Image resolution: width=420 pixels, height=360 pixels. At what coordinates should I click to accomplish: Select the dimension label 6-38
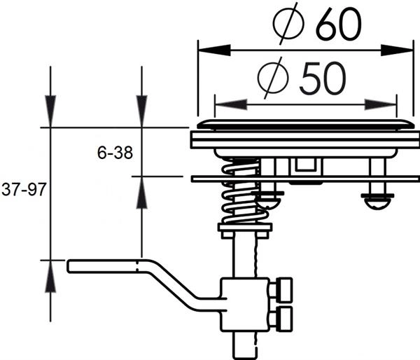click(x=115, y=152)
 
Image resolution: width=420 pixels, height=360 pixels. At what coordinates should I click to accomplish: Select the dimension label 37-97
click(x=22, y=191)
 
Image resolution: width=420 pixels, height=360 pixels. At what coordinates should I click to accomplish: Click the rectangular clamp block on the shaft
click(x=244, y=304)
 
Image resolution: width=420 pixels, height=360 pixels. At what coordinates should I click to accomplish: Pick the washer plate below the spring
click(x=244, y=228)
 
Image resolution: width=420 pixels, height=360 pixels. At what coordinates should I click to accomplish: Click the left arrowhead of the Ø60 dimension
click(x=207, y=50)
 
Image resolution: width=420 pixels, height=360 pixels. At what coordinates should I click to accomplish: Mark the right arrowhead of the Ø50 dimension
click(x=388, y=104)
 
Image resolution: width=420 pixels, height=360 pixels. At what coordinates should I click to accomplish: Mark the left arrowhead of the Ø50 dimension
click(x=223, y=104)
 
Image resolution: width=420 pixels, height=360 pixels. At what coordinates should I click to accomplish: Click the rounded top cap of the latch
click(x=301, y=125)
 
